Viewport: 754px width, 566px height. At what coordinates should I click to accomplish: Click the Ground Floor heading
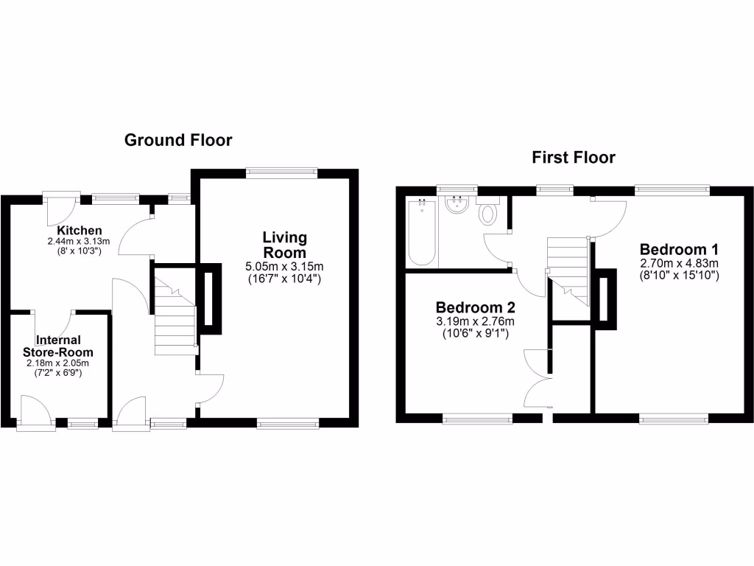click(x=177, y=140)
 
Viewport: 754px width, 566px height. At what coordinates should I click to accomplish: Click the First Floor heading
click(x=574, y=157)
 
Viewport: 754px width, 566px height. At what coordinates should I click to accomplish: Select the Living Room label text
click(x=285, y=245)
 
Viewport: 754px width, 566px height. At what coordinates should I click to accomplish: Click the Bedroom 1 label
click(x=679, y=248)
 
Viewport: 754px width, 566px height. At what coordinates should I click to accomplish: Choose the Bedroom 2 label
click(x=475, y=307)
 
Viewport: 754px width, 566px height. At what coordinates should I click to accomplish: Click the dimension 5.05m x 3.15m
click(x=285, y=267)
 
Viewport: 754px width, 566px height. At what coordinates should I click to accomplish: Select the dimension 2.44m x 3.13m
click(x=78, y=241)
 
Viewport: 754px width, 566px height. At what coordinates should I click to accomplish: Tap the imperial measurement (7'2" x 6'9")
click(x=59, y=373)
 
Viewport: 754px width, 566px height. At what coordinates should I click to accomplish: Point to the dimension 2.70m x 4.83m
click(x=679, y=263)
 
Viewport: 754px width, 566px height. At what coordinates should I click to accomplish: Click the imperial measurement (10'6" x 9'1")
click(x=475, y=334)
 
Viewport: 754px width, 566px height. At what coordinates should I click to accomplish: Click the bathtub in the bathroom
click(x=422, y=232)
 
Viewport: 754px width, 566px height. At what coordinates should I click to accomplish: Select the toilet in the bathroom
click(x=487, y=214)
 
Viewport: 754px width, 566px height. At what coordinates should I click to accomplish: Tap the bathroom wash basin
click(x=457, y=204)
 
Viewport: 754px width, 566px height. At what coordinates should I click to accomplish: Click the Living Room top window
click(x=281, y=172)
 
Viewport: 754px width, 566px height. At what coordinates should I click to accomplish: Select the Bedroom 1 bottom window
click(x=673, y=419)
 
